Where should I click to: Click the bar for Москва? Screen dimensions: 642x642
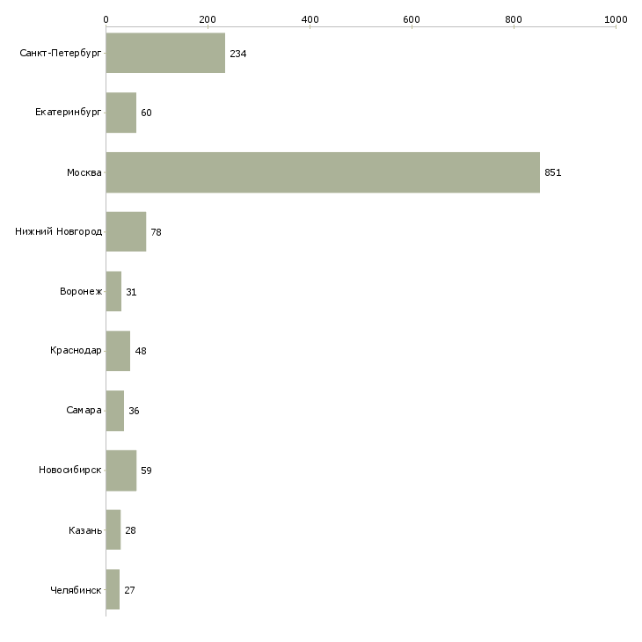pyautogui.click(x=323, y=172)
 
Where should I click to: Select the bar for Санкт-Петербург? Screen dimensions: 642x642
pyautogui.click(x=165, y=54)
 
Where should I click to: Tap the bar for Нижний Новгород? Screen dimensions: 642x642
pyautogui.click(x=126, y=232)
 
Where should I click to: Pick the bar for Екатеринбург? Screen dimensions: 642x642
pyautogui.click(x=121, y=113)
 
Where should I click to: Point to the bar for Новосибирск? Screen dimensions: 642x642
pyautogui.click(x=120, y=471)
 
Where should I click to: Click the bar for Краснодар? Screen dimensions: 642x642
pyautogui.click(x=118, y=351)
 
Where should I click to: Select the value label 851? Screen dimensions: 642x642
pyautogui.click(x=552, y=172)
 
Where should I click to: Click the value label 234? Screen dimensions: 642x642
pyautogui.click(x=237, y=54)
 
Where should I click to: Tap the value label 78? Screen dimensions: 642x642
pyautogui.click(x=156, y=232)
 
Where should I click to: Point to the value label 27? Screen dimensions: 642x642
pyautogui.click(x=129, y=590)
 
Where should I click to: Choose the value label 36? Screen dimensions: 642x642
pyautogui.click(x=134, y=411)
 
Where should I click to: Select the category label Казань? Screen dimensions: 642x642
pyautogui.click(x=84, y=530)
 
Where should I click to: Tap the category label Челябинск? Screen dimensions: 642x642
pyautogui.click(x=76, y=590)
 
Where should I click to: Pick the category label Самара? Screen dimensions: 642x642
pyautogui.click(x=84, y=411)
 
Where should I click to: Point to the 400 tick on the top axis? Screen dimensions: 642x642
pyautogui.click(x=310, y=18)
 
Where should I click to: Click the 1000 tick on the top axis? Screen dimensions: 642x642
pyautogui.click(x=616, y=18)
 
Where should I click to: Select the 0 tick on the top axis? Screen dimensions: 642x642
pyautogui.click(x=106, y=18)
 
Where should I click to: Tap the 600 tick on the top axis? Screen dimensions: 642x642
pyautogui.click(x=412, y=18)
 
